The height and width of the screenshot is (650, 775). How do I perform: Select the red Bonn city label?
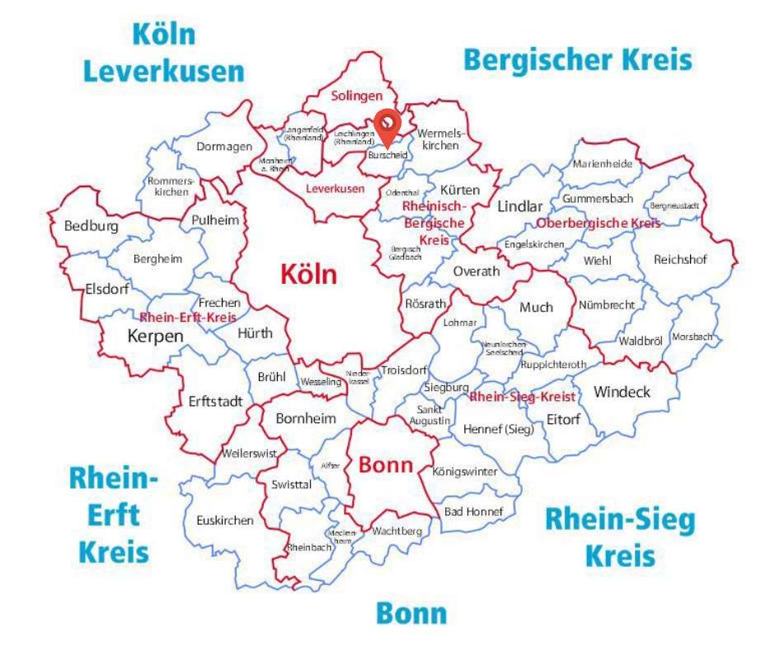pos(385,464)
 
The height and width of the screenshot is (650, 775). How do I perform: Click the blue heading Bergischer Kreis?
pos(577,60)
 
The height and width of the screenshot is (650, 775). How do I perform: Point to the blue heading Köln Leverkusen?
pos(164,53)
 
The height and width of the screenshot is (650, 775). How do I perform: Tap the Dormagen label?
pos(224,147)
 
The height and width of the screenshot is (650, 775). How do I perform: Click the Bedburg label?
pos(91,226)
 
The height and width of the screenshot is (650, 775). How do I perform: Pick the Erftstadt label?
pos(215,402)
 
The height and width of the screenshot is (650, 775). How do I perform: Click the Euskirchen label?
pos(225,520)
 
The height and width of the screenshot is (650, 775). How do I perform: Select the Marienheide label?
pos(602,163)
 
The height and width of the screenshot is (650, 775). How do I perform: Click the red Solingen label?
pos(357,96)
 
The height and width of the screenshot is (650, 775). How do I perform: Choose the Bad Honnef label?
pos(473,511)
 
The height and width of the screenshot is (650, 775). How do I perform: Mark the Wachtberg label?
pos(397,531)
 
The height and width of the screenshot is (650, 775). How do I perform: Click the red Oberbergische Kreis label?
pos(598,224)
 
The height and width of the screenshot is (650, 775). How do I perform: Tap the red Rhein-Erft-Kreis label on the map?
pos(188,318)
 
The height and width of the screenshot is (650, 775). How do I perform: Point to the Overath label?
pos(477,271)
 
